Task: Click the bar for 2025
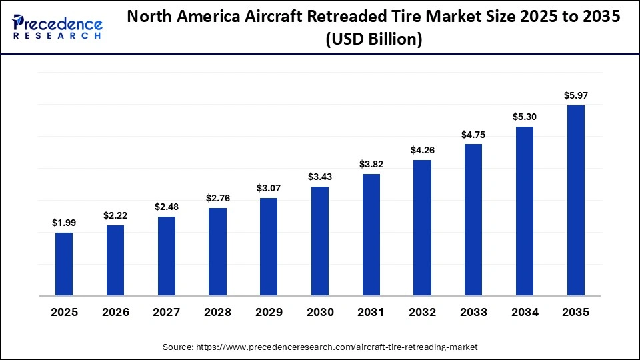pyautogui.click(x=64, y=263)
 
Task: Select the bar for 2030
pyautogui.click(x=320, y=241)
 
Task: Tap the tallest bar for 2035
pyautogui.click(x=576, y=200)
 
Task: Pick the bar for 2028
pyautogui.click(x=217, y=251)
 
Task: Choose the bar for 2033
pyautogui.click(x=473, y=219)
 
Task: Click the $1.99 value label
pyautogui.click(x=64, y=222)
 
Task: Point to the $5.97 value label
pyautogui.click(x=576, y=95)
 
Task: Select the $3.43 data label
pyautogui.click(x=320, y=177)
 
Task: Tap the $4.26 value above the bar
pyautogui.click(x=422, y=149)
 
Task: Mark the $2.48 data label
pyautogui.click(x=167, y=207)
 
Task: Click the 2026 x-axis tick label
pyautogui.click(x=115, y=312)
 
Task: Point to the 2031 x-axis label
pyautogui.click(x=371, y=312)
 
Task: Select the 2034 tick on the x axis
pyautogui.click(x=525, y=312)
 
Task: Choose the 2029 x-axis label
pyautogui.click(x=269, y=312)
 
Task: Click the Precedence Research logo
pyautogui.click(x=57, y=27)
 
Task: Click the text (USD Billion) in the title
pyautogui.click(x=374, y=39)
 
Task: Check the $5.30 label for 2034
pyautogui.click(x=525, y=117)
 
